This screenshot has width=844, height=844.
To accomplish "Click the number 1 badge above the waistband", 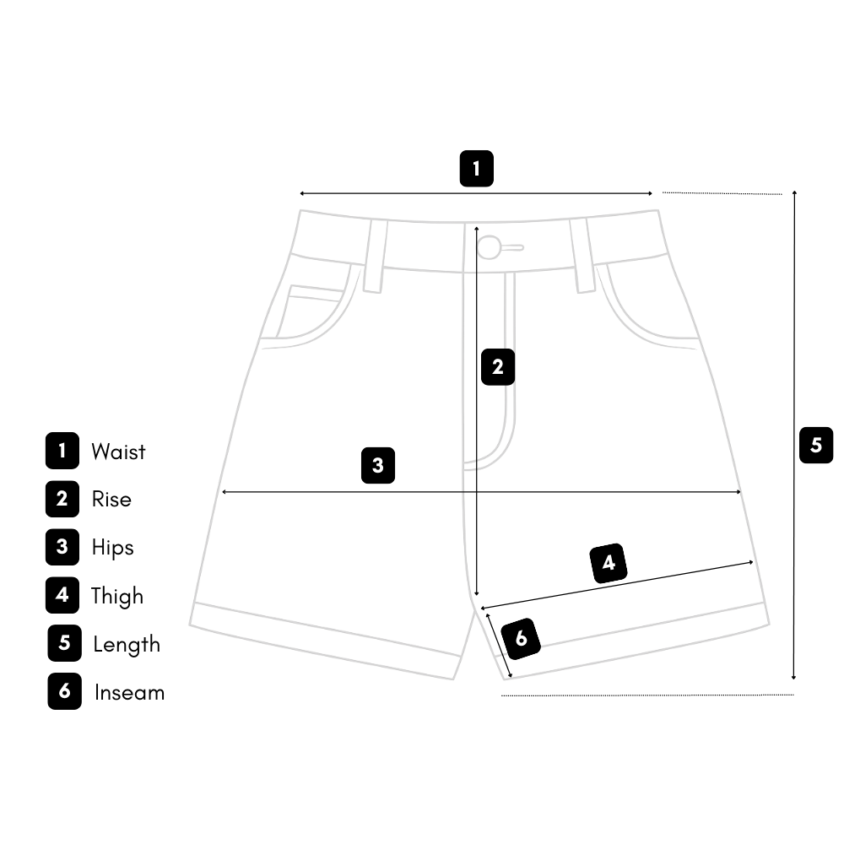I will coord(476,169).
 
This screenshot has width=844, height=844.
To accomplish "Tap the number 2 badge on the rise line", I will coord(497,367).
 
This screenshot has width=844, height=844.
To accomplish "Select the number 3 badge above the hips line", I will coord(378,465).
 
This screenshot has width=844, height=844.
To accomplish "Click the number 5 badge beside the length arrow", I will coord(815,445).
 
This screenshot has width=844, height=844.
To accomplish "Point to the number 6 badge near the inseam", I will coord(521,638).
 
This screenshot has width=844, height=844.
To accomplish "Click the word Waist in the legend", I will coord(118,452).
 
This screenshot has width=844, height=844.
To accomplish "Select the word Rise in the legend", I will coord(111,499).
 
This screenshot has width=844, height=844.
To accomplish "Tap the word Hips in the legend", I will coord(112,547).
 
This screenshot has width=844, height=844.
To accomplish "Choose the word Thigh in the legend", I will coord(117,596).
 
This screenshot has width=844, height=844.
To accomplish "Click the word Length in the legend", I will coord(126,645).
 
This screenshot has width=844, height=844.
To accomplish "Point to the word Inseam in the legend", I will coord(129,693).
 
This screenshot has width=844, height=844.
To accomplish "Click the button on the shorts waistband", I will coord(489,247).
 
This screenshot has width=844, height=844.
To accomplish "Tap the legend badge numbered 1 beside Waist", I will coord(62,451).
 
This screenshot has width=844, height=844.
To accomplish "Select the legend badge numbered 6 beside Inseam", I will coord(64,692).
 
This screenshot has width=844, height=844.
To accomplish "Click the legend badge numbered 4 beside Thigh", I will coord(62,595).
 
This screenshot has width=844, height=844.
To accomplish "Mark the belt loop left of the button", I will coord(375,256).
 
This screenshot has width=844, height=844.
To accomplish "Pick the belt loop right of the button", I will coord(582,256).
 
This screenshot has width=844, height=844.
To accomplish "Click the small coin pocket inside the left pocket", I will coord(312,311).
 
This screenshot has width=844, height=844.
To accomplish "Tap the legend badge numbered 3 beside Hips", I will coord(62,547).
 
